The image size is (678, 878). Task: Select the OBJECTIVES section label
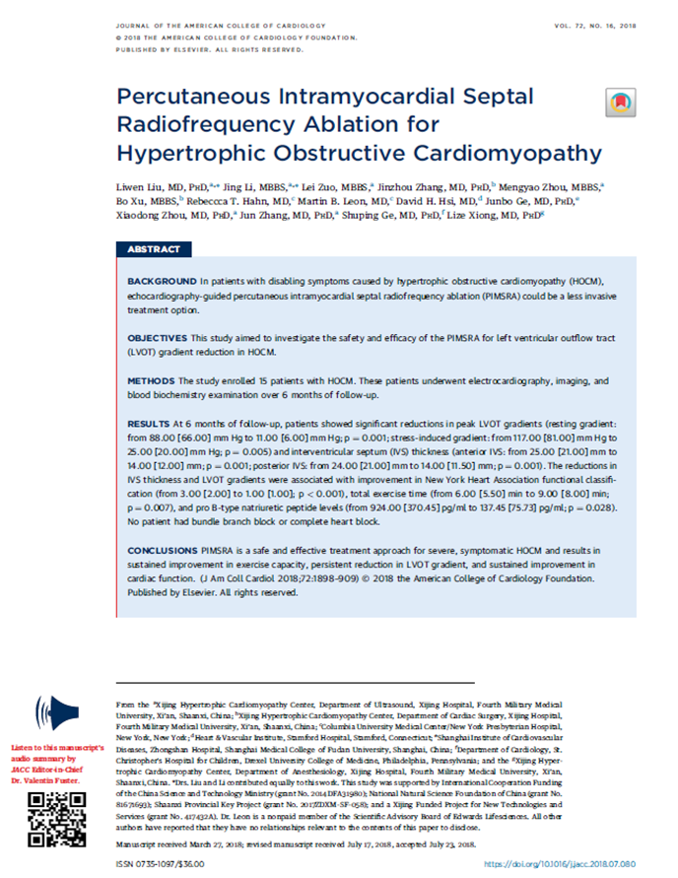(x=159, y=337)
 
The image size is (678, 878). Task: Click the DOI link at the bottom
(x=581, y=863)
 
